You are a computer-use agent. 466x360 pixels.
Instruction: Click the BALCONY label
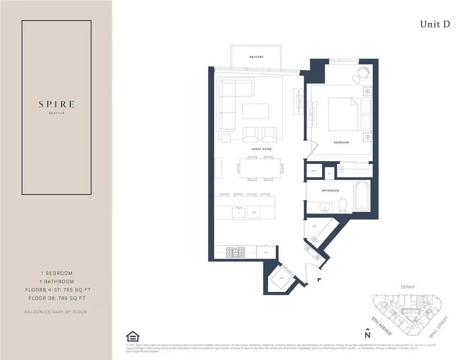256,57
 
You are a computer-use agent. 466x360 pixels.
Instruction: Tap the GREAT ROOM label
263,149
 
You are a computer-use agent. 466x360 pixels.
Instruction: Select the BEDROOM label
341,142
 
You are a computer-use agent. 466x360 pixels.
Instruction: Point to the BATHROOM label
330,190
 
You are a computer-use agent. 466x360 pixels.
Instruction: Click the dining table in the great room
261,167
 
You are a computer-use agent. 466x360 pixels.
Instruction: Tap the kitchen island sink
239,212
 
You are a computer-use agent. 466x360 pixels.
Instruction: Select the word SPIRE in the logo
56,104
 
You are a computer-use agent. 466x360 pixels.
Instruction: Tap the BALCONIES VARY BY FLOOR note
56,312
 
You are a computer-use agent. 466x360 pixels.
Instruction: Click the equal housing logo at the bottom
132,337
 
